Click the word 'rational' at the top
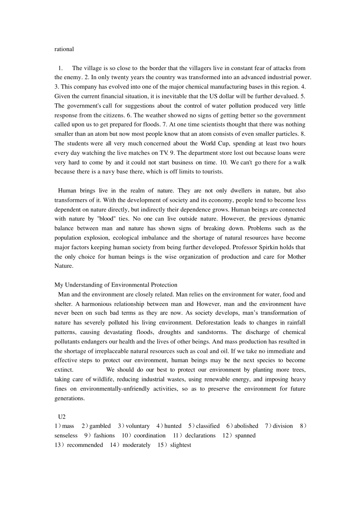coord(64,49)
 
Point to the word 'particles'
coord(286,134)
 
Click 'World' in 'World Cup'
coord(208,144)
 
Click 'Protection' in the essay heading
coord(163,285)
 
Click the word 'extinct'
coord(64,370)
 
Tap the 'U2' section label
coord(62,417)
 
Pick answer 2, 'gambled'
coord(100,426)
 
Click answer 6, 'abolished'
coord(246,426)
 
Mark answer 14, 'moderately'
coord(136,445)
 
